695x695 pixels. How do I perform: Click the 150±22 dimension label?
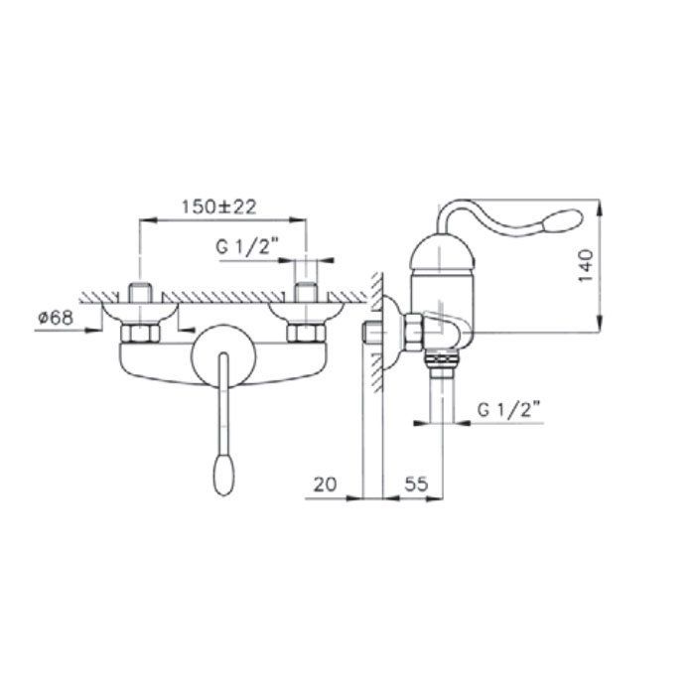click(219, 207)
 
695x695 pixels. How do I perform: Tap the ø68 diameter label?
click(56, 318)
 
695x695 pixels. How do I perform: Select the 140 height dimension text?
click(586, 266)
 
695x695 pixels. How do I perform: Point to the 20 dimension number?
click(325, 485)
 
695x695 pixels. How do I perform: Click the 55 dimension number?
click(417, 484)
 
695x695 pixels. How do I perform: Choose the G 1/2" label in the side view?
click(509, 409)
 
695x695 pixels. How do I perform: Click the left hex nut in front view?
click(140, 333)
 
